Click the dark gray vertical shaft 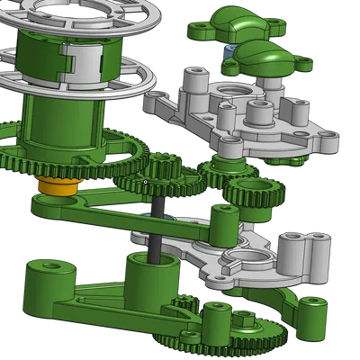158,225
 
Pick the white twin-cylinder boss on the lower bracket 299,255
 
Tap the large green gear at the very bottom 225,342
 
